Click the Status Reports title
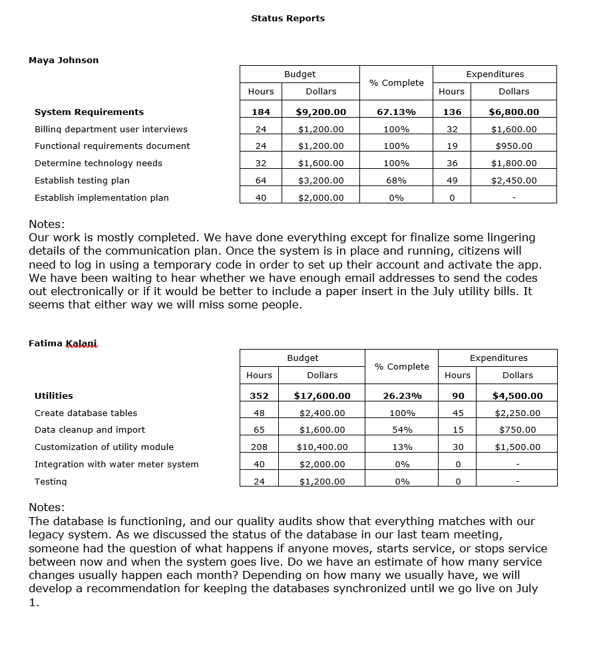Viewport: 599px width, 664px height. pyautogui.click(x=288, y=19)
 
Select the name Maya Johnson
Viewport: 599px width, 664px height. pyautogui.click(x=63, y=60)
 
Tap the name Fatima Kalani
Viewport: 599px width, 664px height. pyautogui.click(x=63, y=344)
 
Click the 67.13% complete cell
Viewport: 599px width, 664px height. pyautogui.click(x=396, y=112)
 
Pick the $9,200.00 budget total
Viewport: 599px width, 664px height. pyautogui.click(x=321, y=112)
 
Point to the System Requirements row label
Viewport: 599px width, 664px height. pyautogui.click(x=89, y=112)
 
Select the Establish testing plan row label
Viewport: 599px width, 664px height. pyautogui.click(x=82, y=181)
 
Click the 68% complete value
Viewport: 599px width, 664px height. pyautogui.click(x=396, y=181)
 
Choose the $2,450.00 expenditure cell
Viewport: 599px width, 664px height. pyautogui.click(x=514, y=181)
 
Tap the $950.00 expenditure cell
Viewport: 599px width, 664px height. pyautogui.click(x=514, y=146)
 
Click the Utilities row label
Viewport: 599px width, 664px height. pyautogui.click(x=54, y=396)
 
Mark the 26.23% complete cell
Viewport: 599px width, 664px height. pyautogui.click(x=402, y=396)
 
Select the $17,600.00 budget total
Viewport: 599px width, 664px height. pyautogui.click(x=322, y=396)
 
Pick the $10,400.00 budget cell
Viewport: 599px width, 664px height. pyautogui.click(x=322, y=447)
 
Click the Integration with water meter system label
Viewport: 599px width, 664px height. pyautogui.click(x=116, y=465)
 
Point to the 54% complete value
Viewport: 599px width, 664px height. pyautogui.click(x=402, y=430)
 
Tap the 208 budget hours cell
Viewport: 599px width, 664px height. pyautogui.click(x=259, y=447)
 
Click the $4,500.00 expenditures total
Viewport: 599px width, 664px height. pyautogui.click(x=517, y=396)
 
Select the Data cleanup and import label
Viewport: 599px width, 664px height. pyautogui.click(x=90, y=430)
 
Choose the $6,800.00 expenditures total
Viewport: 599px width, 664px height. pyautogui.click(x=514, y=112)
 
